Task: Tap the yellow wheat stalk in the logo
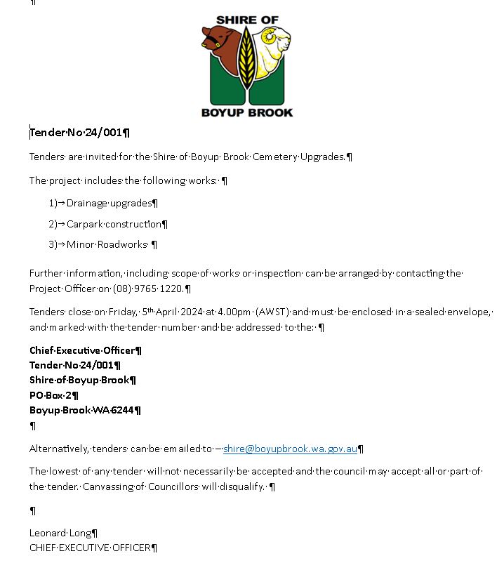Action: coord(247,60)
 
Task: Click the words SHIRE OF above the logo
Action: coord(247,20)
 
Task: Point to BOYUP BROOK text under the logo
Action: coord(247,112)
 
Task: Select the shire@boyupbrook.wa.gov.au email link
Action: coord(290,449)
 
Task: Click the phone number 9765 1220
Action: coord(161,289)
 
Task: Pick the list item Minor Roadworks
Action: coord(107,244)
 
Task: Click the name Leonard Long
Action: coord(60,533)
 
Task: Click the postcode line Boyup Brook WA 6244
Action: coord(81,410)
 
